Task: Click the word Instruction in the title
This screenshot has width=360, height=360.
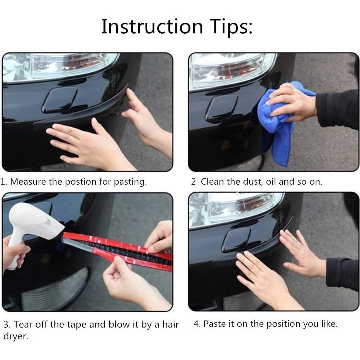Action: tap(152, 27)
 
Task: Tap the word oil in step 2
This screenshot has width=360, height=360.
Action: tap(271, 182)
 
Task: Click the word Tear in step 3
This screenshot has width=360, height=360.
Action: tap(24, 324)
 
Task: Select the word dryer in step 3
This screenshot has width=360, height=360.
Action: tap(15, 336)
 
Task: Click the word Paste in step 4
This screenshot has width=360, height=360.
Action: tap(214, 324)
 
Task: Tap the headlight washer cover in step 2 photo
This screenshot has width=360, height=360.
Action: tap(222, 107)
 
